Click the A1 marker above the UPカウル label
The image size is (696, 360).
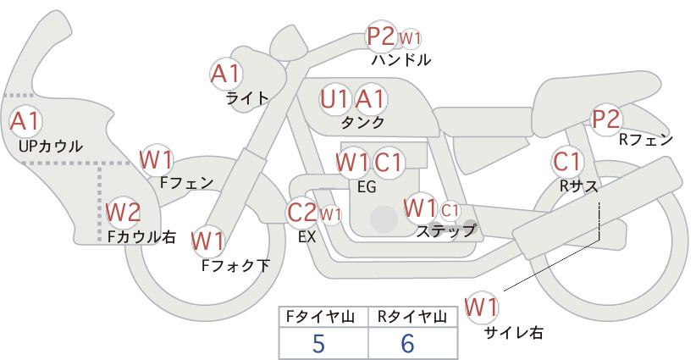pos(25,122)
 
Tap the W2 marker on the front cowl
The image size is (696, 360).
pos(123,212)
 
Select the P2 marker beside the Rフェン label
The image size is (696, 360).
pos(606,119)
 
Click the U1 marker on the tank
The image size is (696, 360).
pos(336,99)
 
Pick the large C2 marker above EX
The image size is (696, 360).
pos(302,212)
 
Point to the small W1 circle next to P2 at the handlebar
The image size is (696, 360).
pos(410,39)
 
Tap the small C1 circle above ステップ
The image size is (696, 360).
pos(450,210)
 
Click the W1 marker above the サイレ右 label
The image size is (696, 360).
pos(481,307)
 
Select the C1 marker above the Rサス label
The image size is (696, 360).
pos(567,162)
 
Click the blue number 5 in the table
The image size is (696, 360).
pos(318,343)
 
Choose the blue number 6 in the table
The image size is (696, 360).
pos(407,343)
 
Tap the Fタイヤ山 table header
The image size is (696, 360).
pos(320,317)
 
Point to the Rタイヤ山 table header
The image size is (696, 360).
pos(412,317)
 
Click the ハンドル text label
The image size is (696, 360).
pos(401,60)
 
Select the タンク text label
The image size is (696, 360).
pos(362,123)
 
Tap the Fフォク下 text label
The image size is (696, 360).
pos(235,265)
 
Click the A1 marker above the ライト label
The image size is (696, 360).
pos(226,73)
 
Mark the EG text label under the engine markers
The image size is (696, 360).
pos(367,187)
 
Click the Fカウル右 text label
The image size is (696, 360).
pos(142,236)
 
